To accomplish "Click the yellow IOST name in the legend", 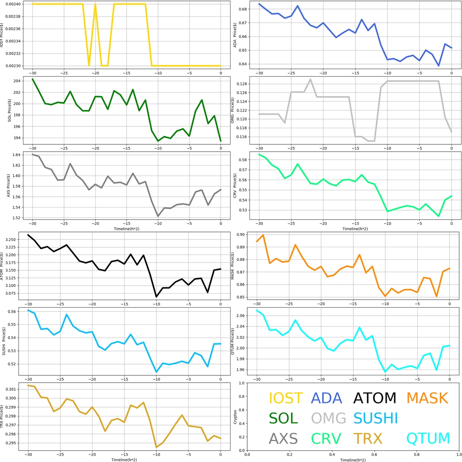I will tap(286, 398).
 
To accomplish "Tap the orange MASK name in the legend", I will tap(427, 398).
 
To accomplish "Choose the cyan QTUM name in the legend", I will tap(428, 438).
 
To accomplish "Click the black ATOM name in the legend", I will tap(374, 398).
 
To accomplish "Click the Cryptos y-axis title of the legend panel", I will tap(236, 416).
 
